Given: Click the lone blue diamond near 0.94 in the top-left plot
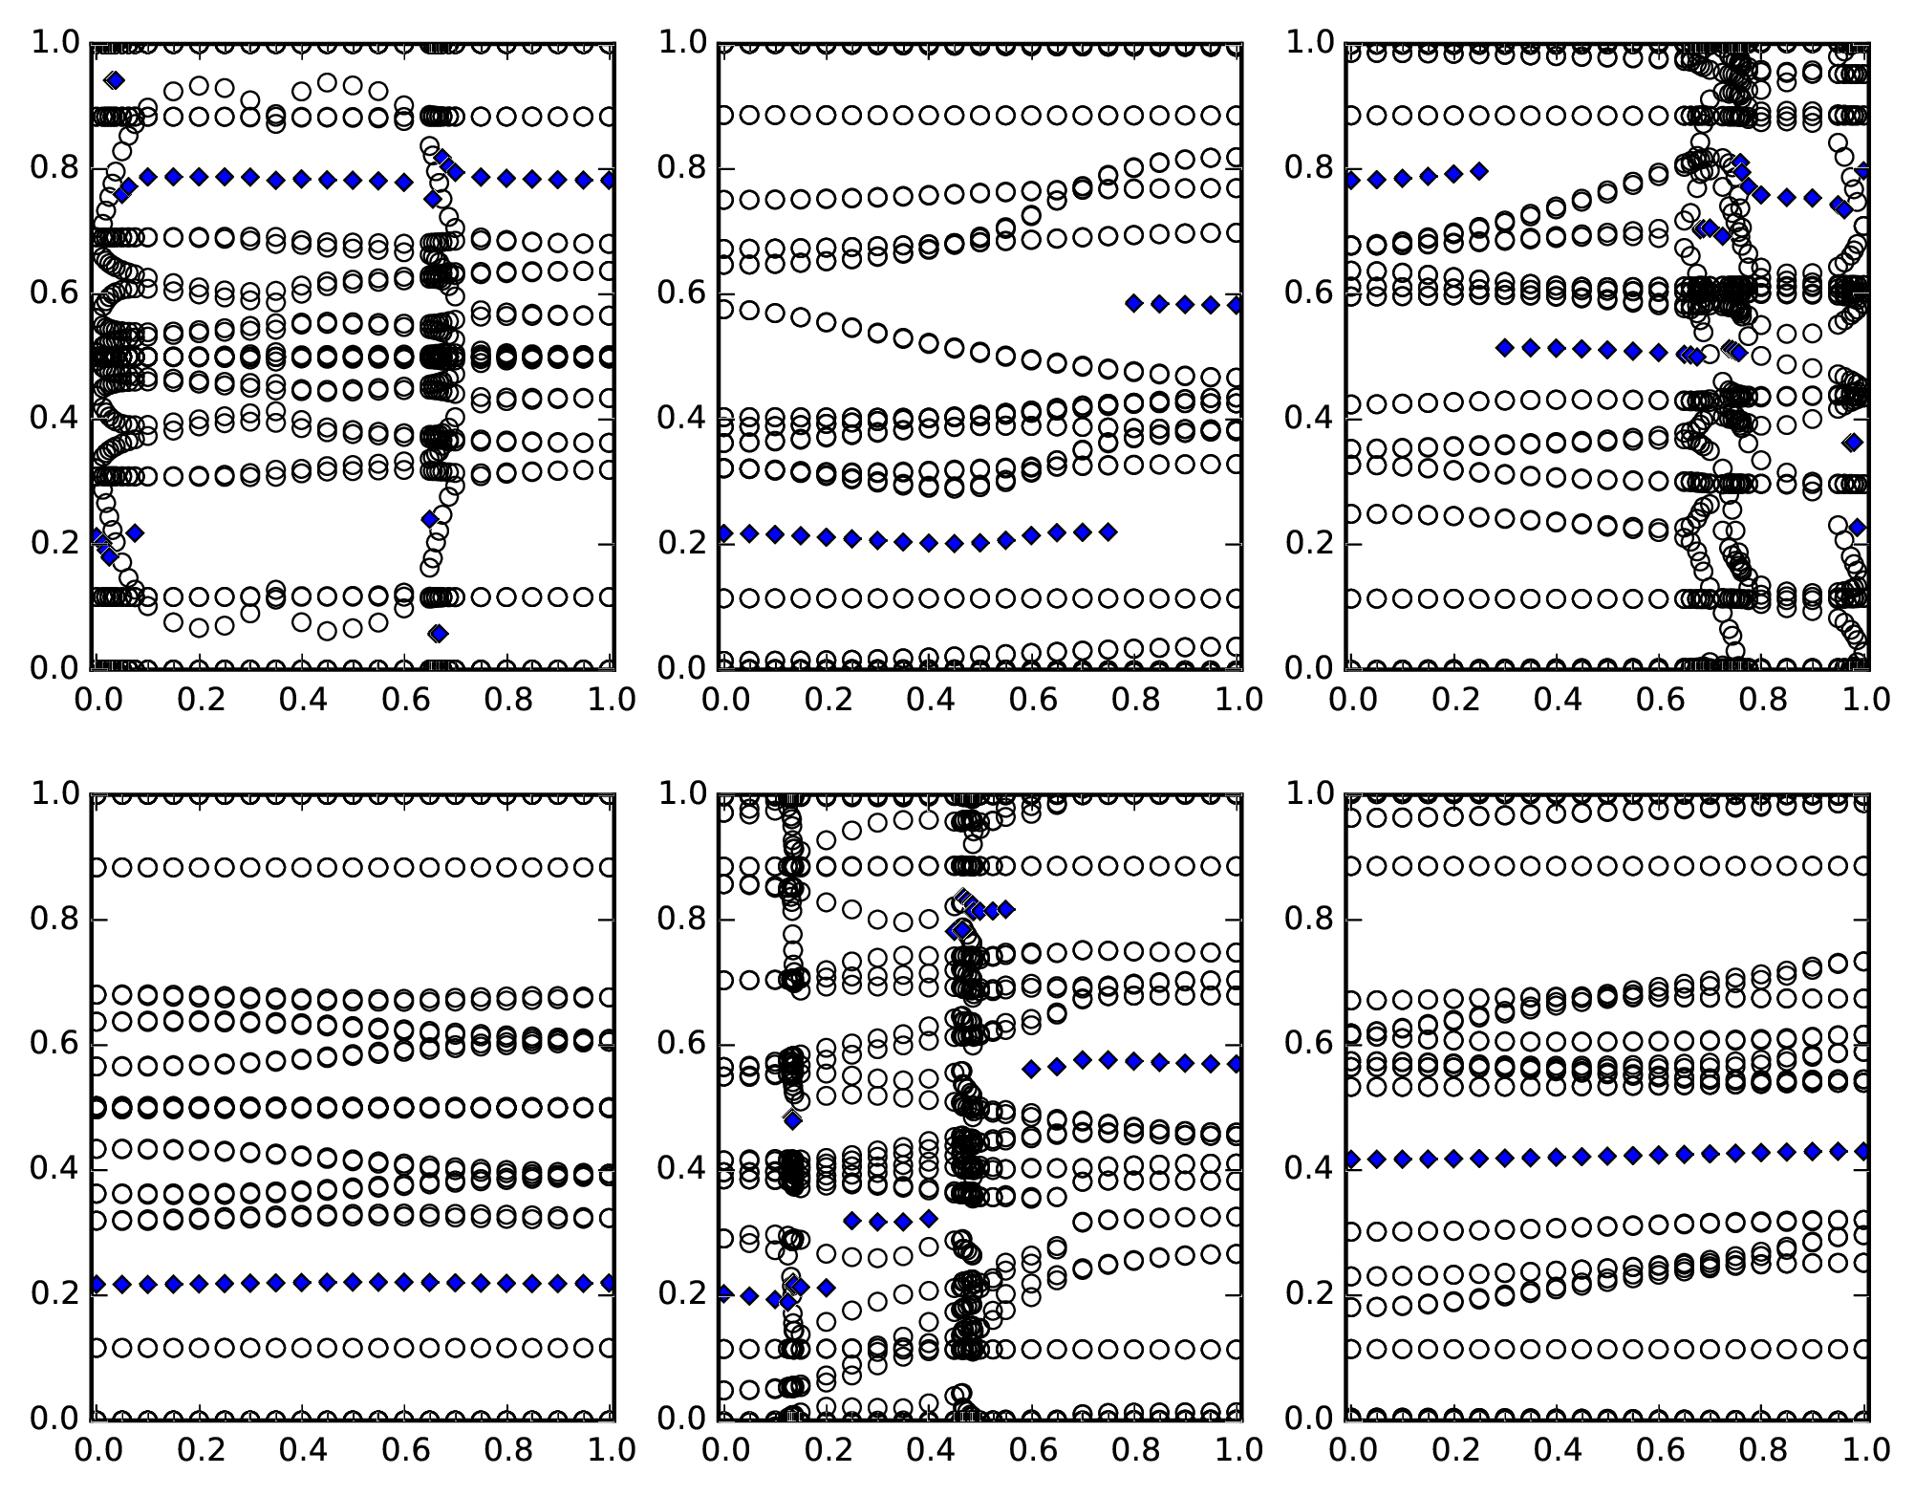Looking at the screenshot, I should coord(115,80).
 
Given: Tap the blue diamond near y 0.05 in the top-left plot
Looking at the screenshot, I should coord(439,633).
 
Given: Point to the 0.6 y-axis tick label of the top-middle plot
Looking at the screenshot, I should coord(681,293).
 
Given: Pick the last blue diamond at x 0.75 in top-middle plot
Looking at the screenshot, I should coord(1108,531).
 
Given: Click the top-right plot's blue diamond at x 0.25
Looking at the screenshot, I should coord(1479,171).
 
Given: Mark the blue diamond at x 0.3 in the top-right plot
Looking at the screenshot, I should coord(1505,347).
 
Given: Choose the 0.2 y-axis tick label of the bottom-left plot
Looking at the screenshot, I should coord(54,1293).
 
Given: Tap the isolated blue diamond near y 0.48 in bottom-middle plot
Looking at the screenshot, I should coord(793,1119).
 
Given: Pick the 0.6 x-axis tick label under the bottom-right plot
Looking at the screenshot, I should coord(1660,1449).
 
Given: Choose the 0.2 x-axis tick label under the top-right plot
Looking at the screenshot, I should coord(1453,699).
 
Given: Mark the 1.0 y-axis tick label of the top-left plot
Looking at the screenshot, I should coord(54,43).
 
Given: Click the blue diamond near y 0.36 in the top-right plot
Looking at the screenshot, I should coord(1853,442).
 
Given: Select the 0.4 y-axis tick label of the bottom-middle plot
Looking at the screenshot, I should coord(681,1168).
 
